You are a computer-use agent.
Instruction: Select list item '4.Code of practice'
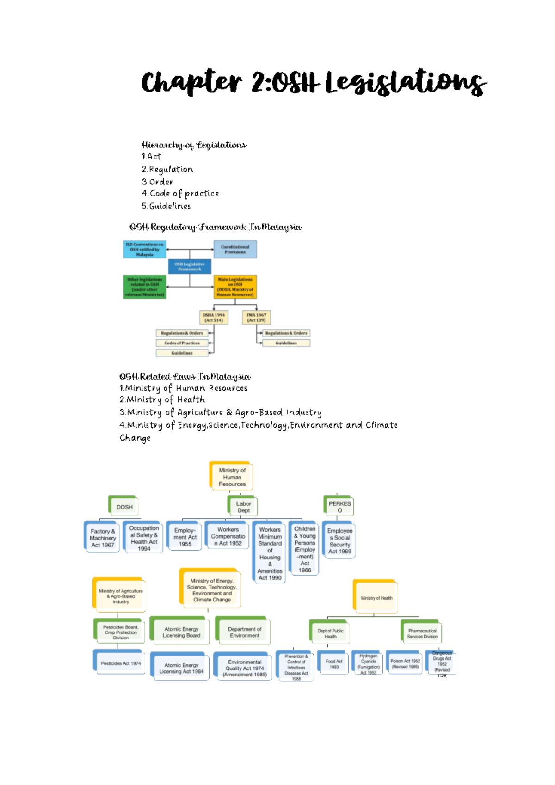180,194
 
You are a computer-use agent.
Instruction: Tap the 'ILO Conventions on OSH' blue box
145,250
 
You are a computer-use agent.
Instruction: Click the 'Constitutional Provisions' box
235,250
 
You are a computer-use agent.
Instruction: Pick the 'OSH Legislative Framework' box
190,267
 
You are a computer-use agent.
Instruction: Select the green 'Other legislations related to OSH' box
145,287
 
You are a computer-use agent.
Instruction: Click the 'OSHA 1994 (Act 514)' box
214,318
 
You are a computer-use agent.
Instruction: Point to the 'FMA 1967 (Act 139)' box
256,318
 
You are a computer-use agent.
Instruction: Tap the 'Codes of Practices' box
182,343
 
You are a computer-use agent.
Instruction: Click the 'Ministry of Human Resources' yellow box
232,477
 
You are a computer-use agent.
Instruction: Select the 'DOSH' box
124,507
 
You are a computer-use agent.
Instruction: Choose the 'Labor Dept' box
243,507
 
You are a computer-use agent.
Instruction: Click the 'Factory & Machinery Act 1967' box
103,538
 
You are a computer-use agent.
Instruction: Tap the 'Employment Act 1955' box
185,537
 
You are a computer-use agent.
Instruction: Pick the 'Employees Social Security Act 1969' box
340,541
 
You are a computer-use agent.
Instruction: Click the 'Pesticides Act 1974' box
120,663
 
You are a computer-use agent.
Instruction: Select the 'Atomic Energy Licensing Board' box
181,632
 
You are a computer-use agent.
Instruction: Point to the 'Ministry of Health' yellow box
376,598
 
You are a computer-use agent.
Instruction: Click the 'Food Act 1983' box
334,664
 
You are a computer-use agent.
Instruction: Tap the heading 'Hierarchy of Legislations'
194,145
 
